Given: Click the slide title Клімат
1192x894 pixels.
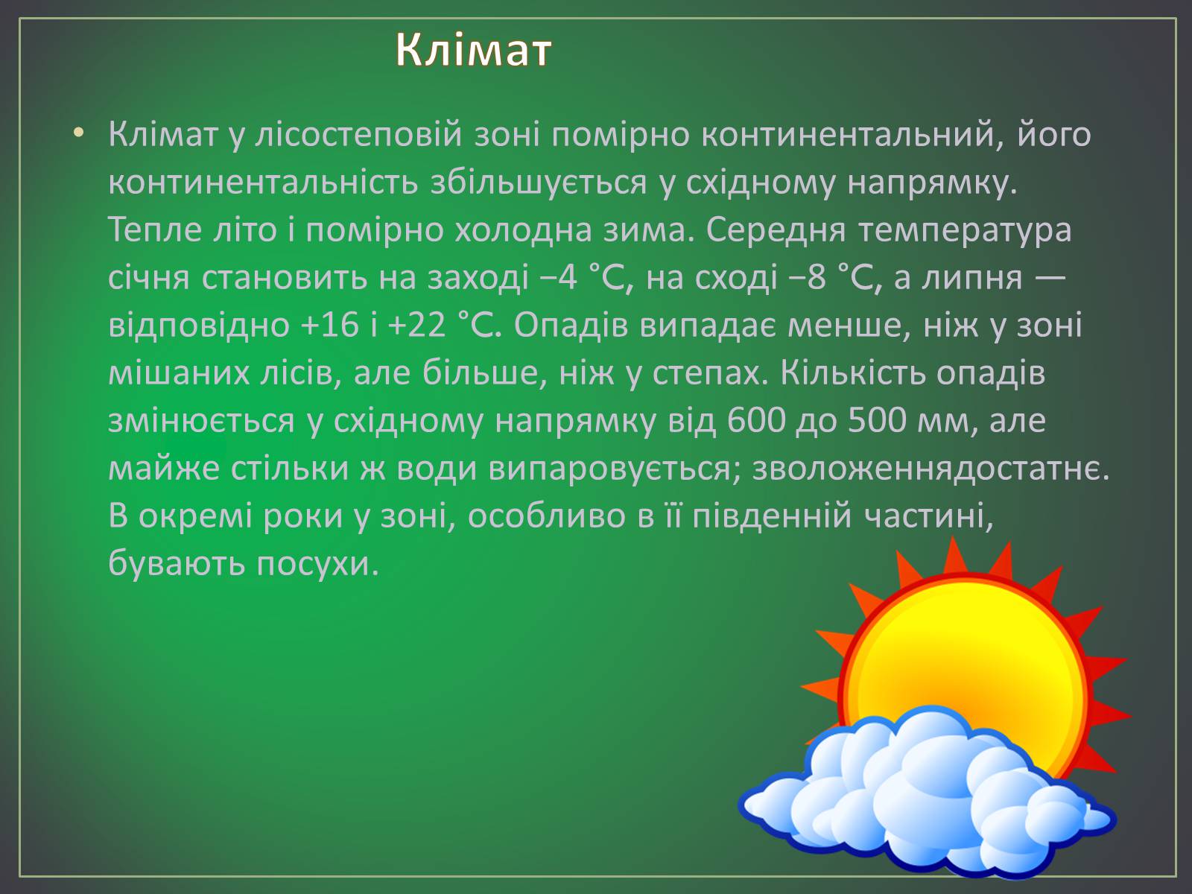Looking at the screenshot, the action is pos(473,50).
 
